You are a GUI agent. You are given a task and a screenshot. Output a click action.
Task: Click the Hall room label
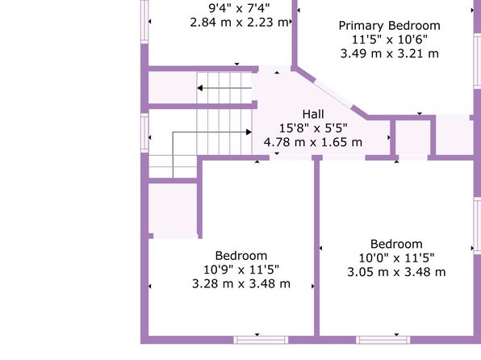tap(313, 114)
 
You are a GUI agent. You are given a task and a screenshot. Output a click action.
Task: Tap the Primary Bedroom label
tap(389, 26)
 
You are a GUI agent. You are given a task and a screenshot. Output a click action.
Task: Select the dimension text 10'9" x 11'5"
tap(241, 270)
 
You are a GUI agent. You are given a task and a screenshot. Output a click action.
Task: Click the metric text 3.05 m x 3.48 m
tap(396, 272)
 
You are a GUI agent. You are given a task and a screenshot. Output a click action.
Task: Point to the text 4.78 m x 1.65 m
tap(313, 142)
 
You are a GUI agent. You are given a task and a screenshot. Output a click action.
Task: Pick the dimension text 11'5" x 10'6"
tap(390, 40)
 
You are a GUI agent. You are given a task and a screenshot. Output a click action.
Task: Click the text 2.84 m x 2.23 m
tap(239, 23)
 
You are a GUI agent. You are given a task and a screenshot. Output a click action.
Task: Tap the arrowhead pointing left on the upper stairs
tap(199, 88)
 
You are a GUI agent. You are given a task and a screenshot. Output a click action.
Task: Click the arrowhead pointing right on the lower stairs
tap(249, 132)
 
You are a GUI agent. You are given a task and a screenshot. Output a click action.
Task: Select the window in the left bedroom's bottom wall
tap(261, 340)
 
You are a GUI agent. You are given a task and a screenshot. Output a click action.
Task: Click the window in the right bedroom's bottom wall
tap(383, 340)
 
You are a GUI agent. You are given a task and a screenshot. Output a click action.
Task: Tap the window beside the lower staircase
tap(144, 132)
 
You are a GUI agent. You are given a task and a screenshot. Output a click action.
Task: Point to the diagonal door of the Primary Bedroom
tap(333, 94)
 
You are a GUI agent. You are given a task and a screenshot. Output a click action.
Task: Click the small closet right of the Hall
tap(413, 137)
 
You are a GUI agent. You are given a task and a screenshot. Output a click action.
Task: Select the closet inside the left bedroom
tap(173, 211)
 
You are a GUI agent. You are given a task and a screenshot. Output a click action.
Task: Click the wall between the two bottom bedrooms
tap(316, 248)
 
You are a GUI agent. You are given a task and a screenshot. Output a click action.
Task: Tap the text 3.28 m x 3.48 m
tap(241, 283)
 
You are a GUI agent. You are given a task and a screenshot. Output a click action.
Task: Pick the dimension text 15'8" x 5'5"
tap(313, 128)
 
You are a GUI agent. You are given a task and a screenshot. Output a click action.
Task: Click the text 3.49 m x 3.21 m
tap(390, 54)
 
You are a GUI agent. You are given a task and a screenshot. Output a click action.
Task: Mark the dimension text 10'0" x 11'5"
tap(396, 258)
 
